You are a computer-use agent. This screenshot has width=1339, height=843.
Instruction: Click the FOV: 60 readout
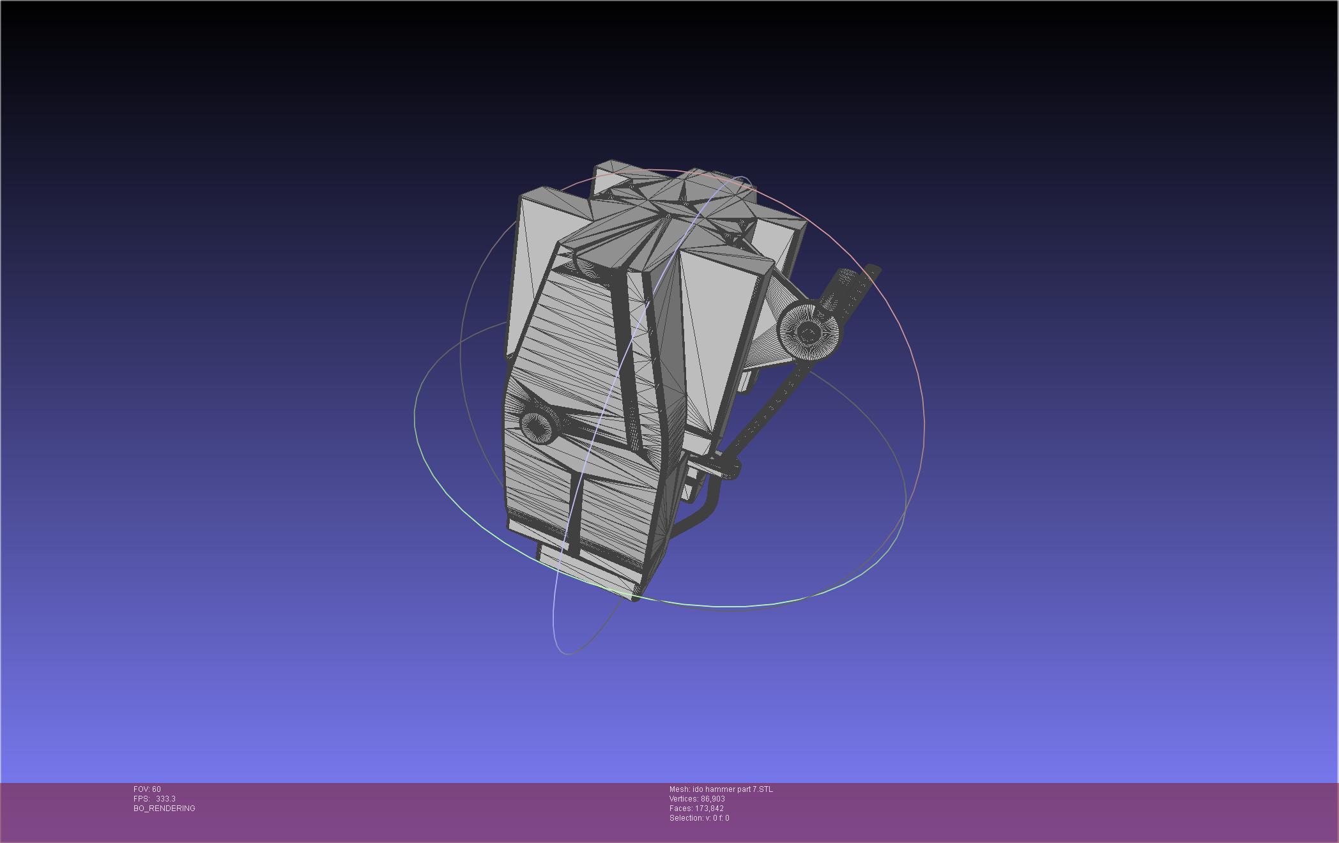tap(147, 789)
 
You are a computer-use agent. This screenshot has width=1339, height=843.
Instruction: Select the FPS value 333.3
tap(165, 799)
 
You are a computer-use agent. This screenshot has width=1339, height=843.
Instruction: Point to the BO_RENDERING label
tap(164, 809)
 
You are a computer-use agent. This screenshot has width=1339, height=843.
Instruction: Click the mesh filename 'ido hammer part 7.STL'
tap(732, 789)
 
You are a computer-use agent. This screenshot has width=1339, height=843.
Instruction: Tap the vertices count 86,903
tap(712, 799)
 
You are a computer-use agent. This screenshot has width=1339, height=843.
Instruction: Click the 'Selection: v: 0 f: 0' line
tap(699, 818)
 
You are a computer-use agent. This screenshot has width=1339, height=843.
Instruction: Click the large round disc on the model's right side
tap(809, 332)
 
